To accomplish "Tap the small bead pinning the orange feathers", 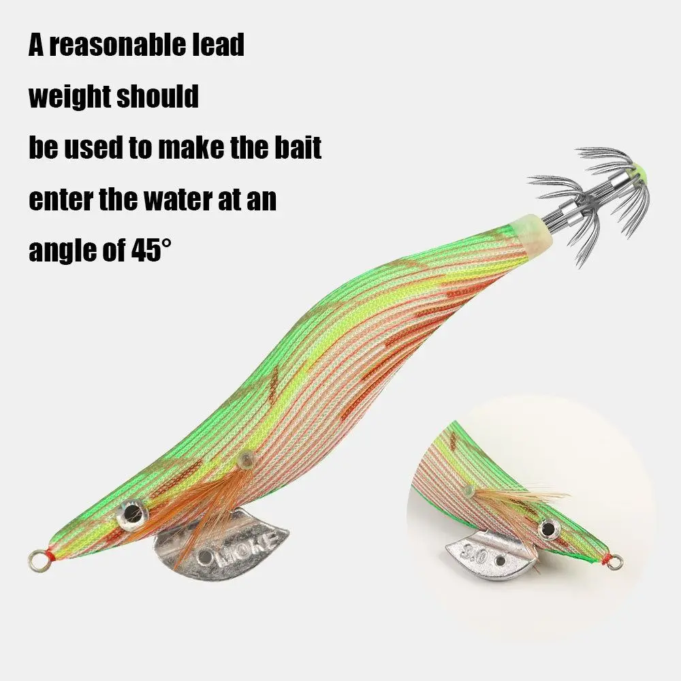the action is click(x=247, y=460).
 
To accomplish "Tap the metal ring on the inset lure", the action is click(x=615, y=562).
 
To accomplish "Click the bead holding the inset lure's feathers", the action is click(x=469, y=490).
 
